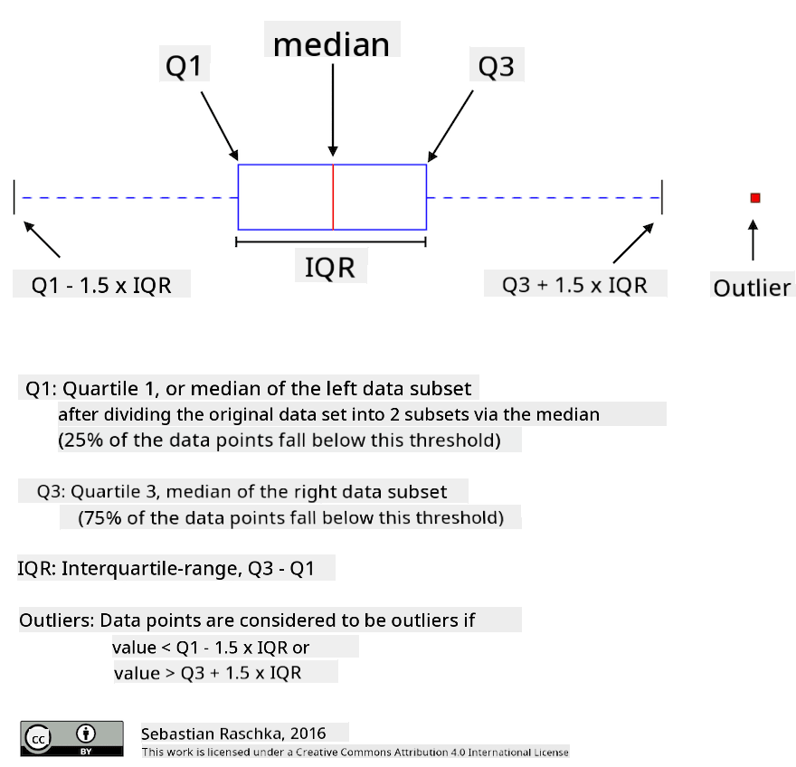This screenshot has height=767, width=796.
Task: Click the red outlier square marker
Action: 755,198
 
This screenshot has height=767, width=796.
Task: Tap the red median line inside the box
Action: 333,197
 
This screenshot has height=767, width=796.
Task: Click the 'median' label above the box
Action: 331,44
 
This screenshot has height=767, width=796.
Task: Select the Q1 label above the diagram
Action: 184,66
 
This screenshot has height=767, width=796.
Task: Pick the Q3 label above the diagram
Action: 496,67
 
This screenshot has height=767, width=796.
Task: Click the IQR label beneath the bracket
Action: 330,268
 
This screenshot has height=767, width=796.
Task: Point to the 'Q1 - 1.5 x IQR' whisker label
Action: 101,285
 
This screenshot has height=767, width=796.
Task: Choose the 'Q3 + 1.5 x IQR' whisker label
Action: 574,285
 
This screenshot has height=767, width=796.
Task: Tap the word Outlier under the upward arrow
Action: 752,288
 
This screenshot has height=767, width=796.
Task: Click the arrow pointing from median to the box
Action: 333,109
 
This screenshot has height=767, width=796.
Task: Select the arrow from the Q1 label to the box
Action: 219,126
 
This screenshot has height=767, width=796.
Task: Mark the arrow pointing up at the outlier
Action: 753,240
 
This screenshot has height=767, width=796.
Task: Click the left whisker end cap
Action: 14,197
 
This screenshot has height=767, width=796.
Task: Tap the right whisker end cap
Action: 662,197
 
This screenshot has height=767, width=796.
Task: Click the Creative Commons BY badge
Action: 71,739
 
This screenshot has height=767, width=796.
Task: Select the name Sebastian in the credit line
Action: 177,734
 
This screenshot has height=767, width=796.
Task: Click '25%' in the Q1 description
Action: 84,440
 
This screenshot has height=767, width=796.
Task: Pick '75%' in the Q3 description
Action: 103,517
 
